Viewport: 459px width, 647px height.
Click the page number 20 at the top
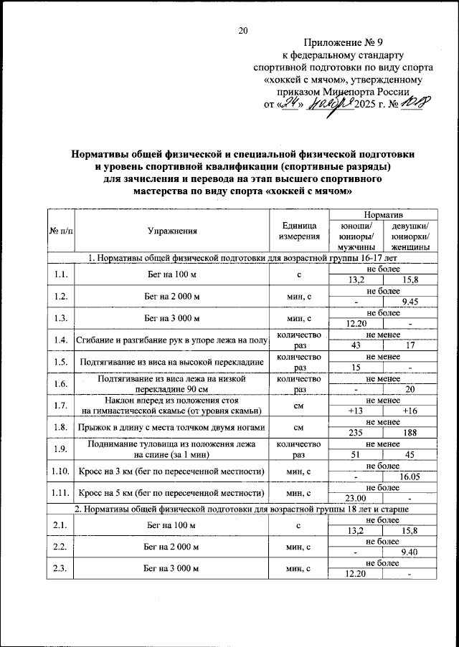242,30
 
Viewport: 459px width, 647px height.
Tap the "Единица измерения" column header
299,231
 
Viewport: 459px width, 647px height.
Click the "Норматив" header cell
383,215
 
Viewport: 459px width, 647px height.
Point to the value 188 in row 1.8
411,433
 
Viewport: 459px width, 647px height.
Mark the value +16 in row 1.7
411,411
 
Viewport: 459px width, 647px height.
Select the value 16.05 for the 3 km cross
411,476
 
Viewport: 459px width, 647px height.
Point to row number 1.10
60,471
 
